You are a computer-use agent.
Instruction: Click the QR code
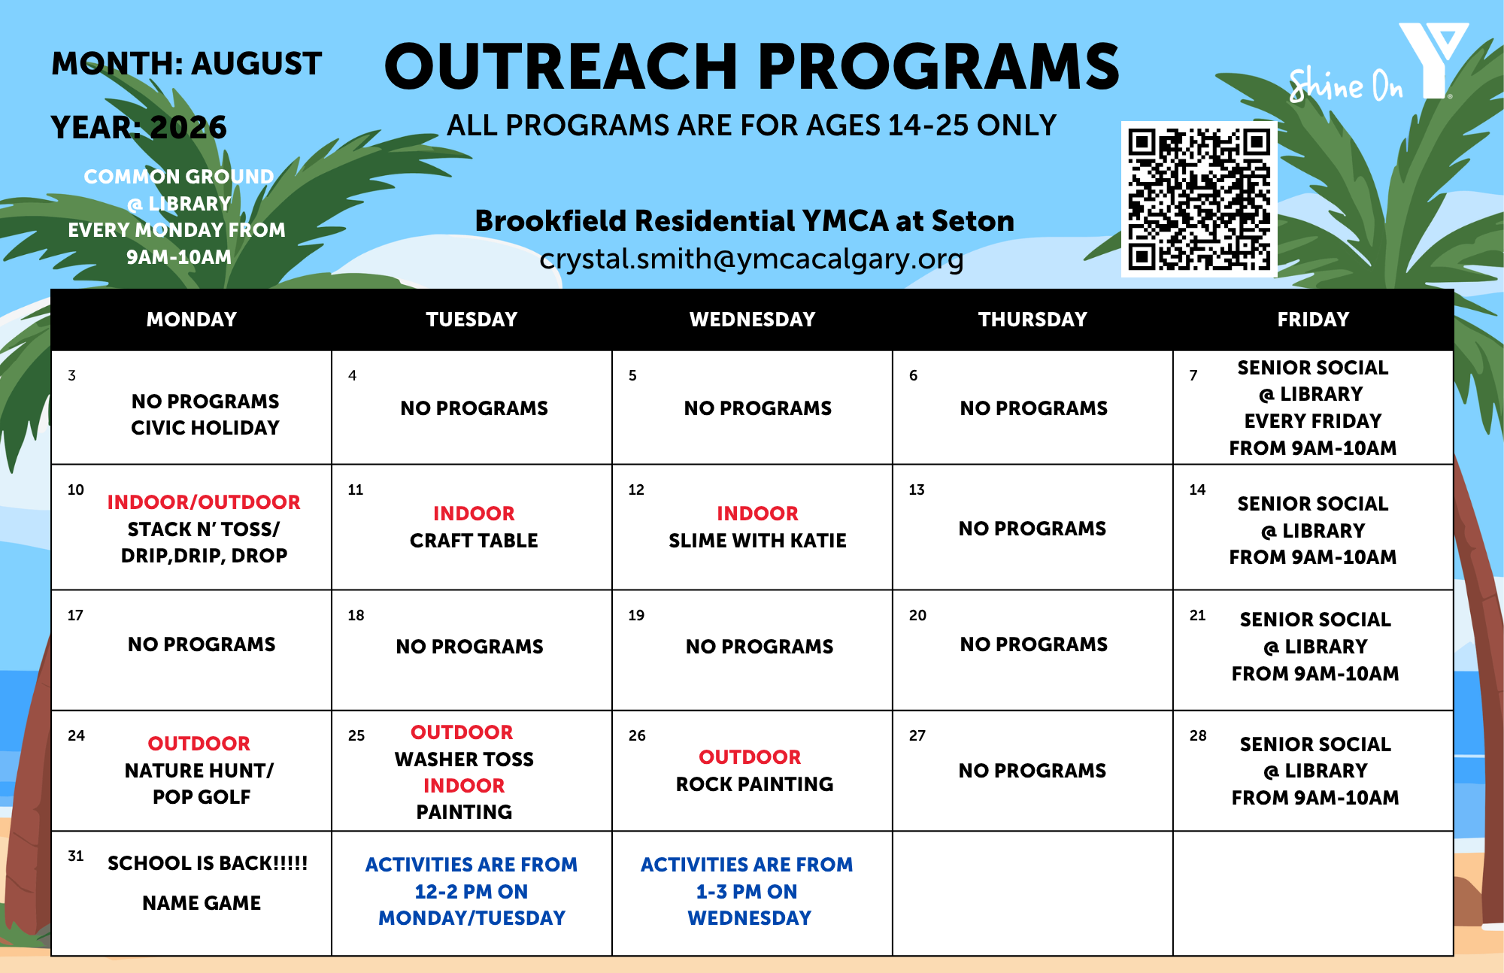click(x=1199, y=199)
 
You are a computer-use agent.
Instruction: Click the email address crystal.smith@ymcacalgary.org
click(x=751, y=259)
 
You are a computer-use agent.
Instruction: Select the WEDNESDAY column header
click(x=752, y=320)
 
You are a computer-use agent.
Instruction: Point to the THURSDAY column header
click(x=1032, y=320)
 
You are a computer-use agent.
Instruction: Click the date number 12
click(x=636, y=490)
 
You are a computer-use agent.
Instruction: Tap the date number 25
click(x=356, y=735)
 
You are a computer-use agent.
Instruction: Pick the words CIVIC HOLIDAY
click(x=205, y=428)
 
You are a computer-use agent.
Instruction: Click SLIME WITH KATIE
click(x=757, y=541)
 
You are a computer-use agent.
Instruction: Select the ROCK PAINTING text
click(x=754, y=784)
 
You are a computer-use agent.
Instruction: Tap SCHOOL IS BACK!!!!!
click(x=208, y=863)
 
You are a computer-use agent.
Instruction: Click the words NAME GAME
click(x=202, y=903)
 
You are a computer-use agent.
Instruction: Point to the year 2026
click(x=188, y=128)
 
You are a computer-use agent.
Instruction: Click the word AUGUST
click(x=256, y=64)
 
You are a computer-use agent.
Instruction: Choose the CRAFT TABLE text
click(x=474, y=541)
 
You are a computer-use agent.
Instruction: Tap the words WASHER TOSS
click(x=464, y=759)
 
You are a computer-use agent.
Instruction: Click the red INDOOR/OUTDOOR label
click(x=204, y=502)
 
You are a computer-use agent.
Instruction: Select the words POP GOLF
click(x=202, y=797)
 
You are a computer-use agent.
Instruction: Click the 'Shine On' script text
click(x=1345, y=85)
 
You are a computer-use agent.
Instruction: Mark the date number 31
click(x=76, y=856)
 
